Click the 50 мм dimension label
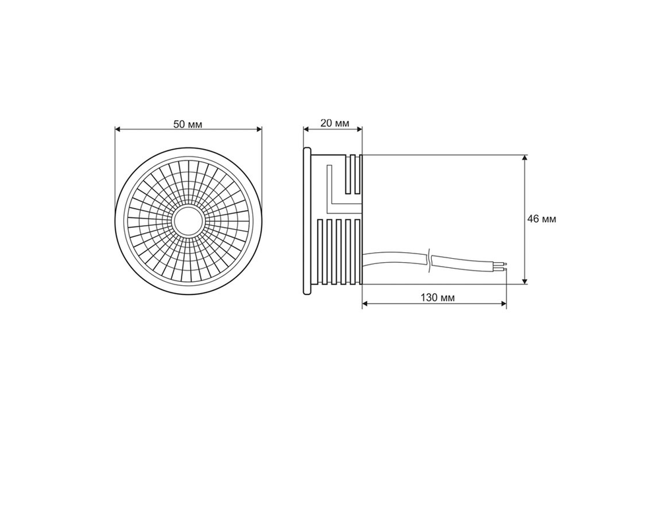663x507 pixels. point(188,124)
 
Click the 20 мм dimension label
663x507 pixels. point(335,123)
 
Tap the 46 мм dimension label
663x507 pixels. point(541,219)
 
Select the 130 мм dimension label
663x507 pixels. point(438,297)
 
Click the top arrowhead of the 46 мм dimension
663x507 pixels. point(525,159)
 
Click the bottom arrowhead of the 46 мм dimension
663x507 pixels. point(525,280)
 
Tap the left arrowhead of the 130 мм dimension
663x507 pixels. point(366,303)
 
